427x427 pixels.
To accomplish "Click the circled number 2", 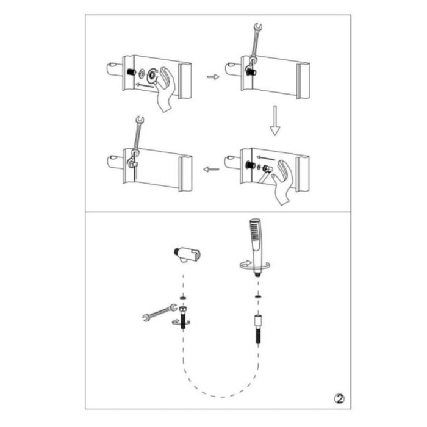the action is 339,399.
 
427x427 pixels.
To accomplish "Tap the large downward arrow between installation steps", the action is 274,120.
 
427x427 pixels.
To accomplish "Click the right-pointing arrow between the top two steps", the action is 213,77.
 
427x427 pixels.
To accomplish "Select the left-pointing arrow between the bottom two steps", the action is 211,170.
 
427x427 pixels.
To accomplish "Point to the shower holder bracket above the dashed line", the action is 187,254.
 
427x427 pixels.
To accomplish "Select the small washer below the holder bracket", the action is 184,298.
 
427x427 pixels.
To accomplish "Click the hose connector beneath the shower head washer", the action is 257,328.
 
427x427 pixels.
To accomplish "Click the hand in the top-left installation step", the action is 164,88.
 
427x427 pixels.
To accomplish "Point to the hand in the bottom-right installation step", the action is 282,182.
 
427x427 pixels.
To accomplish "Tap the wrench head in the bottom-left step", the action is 140,120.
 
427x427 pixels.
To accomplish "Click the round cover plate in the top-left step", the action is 152,76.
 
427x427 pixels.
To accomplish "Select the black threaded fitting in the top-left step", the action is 132,73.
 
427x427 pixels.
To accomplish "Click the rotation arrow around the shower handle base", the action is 254,266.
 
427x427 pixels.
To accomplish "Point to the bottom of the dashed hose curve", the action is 222,396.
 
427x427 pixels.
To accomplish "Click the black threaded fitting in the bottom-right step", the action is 250,165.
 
